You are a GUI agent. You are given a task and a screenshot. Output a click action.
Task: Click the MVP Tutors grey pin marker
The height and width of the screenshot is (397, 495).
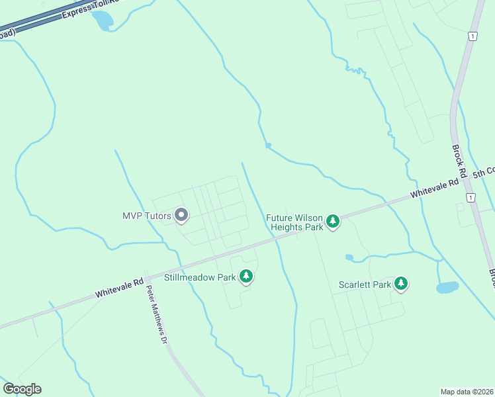[x=181, y=216]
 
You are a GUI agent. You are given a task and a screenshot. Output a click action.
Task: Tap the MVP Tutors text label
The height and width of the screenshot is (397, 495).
[x=147, y=216]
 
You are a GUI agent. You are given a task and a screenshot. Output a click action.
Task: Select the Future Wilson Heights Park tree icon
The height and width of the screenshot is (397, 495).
[x=334, y=222]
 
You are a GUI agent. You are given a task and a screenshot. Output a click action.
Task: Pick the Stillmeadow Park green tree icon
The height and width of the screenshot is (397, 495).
[x=246, y=277]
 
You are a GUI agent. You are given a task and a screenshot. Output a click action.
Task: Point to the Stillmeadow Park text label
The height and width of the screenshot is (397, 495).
[x=200, y=277]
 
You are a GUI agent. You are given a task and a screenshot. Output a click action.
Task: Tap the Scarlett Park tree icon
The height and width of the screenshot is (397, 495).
[x=401, y=285]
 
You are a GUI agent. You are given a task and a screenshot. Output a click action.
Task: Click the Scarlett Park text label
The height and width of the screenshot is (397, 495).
[x=365, y=285]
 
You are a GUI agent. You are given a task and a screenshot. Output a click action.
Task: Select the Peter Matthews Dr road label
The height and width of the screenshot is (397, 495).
[x=156, y=314]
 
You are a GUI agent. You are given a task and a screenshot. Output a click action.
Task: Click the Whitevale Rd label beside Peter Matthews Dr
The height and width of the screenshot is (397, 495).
[x=120, y=287]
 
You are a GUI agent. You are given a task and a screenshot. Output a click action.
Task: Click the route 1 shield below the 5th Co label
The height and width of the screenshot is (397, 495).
[x=471, y=198]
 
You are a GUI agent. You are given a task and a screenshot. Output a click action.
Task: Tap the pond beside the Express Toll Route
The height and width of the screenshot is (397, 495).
[x=103, y=21]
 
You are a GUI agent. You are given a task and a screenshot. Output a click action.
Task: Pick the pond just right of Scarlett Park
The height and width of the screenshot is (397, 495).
[x=447, y=287]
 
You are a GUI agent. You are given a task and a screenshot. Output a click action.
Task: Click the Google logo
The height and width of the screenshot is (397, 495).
[x=22, y=388]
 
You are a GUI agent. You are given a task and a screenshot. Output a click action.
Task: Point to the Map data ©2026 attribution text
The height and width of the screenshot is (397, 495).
[x=467, y=391]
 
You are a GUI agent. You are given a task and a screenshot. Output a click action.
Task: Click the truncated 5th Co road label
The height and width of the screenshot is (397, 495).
[x=483, y=173]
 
